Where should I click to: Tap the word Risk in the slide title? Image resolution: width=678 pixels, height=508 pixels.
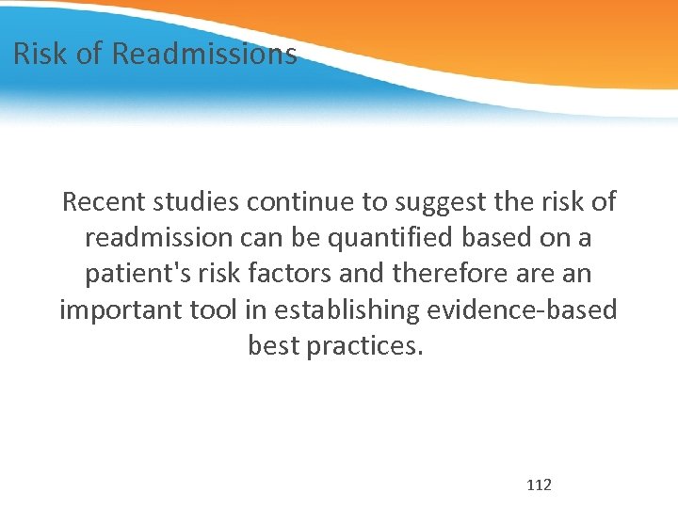[41, 54]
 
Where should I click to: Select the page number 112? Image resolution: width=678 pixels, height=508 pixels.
[540, 485]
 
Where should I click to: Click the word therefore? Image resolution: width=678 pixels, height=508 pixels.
[436, 274]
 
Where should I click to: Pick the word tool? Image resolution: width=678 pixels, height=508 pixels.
[213, 310]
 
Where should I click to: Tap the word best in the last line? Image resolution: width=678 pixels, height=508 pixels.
[271, 346]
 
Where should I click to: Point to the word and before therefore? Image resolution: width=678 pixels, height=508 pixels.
[358, 274]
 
